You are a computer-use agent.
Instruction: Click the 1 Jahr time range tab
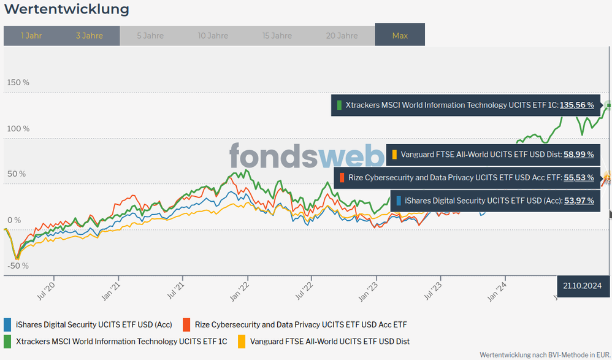click(31, 36)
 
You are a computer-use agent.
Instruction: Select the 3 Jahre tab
click(90, 36)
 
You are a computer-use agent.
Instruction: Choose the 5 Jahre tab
click(150, 36)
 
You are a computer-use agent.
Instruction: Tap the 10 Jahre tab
click(213, 36)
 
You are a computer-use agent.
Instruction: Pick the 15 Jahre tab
click(277, 36)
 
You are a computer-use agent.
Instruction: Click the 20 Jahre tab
click(342, 36)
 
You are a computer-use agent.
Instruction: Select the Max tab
click(400, 36)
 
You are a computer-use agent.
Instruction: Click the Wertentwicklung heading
click(66, 9)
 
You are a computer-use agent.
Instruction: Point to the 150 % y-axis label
click(18, 83)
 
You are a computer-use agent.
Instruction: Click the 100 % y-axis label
click(18, 128)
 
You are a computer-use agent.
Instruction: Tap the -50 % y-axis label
click(18, 266)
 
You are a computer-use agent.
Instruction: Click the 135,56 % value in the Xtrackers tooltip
click(576, 105)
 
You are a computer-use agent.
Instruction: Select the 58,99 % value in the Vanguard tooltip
click(578, 155)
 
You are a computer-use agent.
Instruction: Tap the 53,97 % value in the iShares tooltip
click(578, 200)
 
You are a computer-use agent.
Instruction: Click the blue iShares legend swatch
click(7, 324)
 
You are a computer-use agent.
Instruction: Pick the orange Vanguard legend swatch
click(241, 341)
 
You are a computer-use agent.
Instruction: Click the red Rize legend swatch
click(186, 324)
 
